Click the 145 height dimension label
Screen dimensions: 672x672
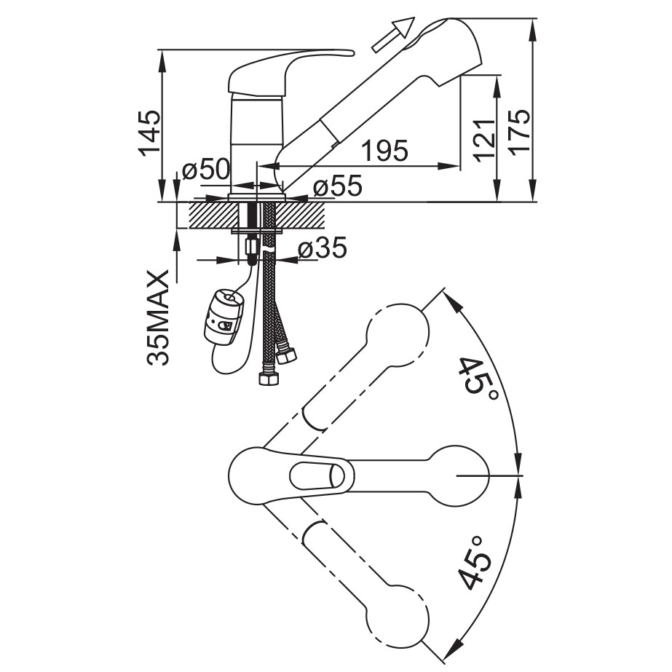click(149, 132)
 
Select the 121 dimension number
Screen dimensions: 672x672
click(484, 141)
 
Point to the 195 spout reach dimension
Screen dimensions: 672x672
click(385, 151)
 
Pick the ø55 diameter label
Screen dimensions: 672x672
click(338, 186)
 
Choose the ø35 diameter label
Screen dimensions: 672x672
click(323, 248)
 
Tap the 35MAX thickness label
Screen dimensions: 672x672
click(157, 317)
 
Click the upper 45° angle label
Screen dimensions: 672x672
click(476, 377)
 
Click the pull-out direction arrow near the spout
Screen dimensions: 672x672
click(393, 35)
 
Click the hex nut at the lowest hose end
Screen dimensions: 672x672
click(269, 379)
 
